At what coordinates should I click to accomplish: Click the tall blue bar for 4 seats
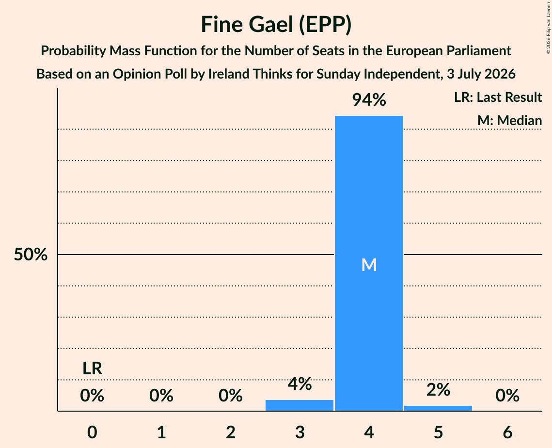coord(369,263)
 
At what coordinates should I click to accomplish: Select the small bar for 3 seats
coord(299,405)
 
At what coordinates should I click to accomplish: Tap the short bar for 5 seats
coord(438,408)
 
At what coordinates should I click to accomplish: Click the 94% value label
coord(369,100)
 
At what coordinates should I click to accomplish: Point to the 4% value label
coord(300,384)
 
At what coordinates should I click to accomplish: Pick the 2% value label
coord(438,389)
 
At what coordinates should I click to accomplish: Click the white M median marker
coord(369,265)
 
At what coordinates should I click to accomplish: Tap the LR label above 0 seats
coord(92,368)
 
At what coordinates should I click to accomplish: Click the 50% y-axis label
coord(31,254)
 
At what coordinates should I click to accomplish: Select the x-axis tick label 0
coord(92,432)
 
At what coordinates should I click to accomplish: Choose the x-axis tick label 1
coord(161,432)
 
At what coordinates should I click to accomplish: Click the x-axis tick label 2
coord(231,432)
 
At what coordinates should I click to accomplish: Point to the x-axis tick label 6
coord(507,432)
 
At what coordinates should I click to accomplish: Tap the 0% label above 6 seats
coord(507,396)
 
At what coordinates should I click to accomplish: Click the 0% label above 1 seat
coord(161,396)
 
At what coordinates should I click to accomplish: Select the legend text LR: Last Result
coord(498,97)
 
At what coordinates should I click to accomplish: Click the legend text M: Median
coord(509,120)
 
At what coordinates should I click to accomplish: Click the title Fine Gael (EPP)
coord(276,25)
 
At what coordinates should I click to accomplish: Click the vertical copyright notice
coord(548,28)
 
